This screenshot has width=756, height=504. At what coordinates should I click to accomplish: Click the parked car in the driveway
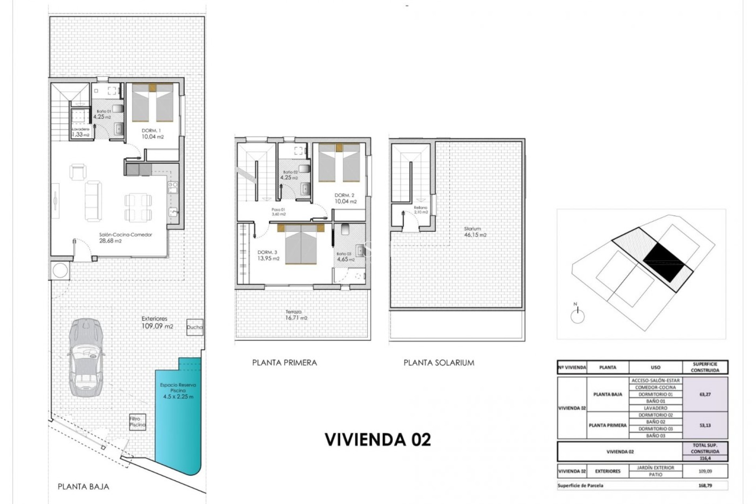pyautogui.click(x=86, y=358)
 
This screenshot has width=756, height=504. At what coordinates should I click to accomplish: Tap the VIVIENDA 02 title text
pyautogui.click(x=378, y=439)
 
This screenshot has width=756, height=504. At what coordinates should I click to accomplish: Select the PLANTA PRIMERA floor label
pyautogui.click(x=284, y=363)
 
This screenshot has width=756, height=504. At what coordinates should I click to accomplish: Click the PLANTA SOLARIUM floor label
pyautogui.click(x=439, y=363)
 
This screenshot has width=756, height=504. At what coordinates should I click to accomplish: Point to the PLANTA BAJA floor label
pyautogui.click(x=83, y=487)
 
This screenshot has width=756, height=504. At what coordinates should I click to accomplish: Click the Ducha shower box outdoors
pyautogui.click(x=195, y=327)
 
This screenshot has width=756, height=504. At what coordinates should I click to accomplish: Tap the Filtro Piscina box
pyautogui.click(x=137, y=422)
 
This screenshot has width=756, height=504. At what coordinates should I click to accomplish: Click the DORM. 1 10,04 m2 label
pyautogui.click(x=153, y=134)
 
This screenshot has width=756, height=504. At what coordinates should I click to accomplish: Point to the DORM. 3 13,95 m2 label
pyautogui.click(x=268, y=256)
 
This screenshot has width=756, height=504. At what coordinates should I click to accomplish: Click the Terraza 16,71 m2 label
pyautogui.click(x=296, y=315)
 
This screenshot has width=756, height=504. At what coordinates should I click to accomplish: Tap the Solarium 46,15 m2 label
pyautogui.click(x=475, y=232)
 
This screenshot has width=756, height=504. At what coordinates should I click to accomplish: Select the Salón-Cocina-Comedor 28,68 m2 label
pyautogui.click(x=125, y=238)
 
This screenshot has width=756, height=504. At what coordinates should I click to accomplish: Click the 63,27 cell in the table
pyautogui.click(x=705, y=394)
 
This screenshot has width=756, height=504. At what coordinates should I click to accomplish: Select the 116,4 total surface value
pyautogui.click(x=705, y=458)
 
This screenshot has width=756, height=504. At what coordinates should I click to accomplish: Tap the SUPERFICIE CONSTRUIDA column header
pyautogui.click(x=705, y=367)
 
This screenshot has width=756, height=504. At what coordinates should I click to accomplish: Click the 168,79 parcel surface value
pyautogui.click(x=705, y=485)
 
